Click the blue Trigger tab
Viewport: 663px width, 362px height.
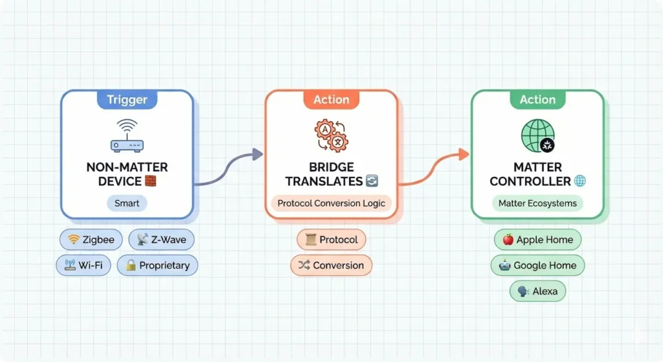coord(127,100)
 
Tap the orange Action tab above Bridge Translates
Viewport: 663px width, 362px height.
coord(331,100)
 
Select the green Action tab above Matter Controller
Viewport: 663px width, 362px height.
coord(537,100)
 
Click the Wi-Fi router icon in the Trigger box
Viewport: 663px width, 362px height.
coord(127,135)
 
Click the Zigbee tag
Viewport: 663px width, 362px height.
coord(91,240)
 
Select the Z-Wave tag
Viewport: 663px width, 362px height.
coord(161,240)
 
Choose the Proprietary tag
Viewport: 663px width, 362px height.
coord(157,265)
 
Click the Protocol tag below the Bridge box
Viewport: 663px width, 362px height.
coord(331,240)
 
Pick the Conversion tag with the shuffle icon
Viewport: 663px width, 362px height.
coord(331,265)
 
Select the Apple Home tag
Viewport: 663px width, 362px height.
coord(537,240)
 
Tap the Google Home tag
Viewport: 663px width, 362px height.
coord(538,265)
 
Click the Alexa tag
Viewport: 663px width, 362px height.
coord(537,291)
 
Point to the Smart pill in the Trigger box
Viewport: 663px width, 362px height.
coord(127,203)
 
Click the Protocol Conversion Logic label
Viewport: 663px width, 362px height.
coord(331,203)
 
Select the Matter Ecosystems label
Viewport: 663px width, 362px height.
coord(537,203)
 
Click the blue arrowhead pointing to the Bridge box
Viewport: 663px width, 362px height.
coord(257,154)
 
